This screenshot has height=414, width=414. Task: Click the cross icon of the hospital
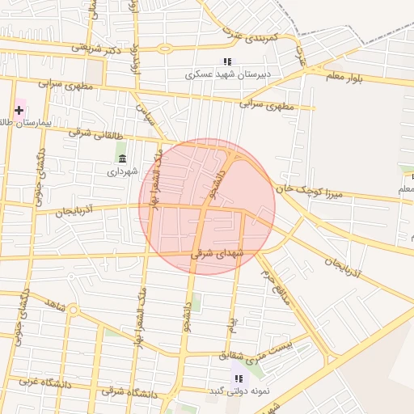(x=19, y=109)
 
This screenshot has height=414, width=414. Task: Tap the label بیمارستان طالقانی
(x=25, y=123)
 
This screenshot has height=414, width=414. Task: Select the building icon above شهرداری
(x=122, y=158)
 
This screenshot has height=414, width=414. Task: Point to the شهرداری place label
(x=123, y=171)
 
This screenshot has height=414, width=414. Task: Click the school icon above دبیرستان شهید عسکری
(x=227, y=61)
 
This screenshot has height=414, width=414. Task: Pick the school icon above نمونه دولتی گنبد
(x=238, y=378)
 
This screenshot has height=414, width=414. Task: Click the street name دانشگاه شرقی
(x=129, y=392)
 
